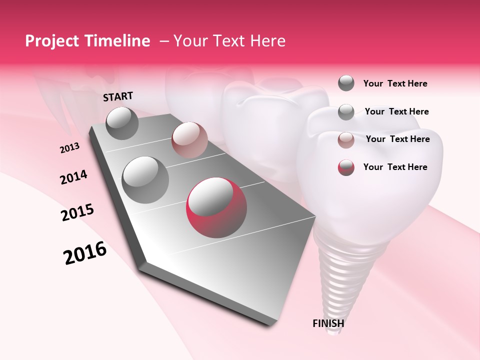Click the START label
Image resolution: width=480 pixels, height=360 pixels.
pos(118,96)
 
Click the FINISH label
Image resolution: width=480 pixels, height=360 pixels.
pos(328,323)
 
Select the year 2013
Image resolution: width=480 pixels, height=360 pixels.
pos(70,148)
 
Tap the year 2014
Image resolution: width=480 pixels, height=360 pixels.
pos(73,177)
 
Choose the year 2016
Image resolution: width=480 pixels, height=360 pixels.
pos(85,253)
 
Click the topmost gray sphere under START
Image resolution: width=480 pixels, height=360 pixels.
pos(122,123)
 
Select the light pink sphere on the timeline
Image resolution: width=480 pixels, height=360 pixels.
pos(189,140)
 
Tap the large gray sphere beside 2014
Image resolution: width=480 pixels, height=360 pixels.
pos(145,179)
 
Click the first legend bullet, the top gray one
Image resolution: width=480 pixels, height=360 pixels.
pos(346,83)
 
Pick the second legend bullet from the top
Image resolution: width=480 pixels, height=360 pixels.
pos(346,112)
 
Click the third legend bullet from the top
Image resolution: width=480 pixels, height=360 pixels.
pos(346,140)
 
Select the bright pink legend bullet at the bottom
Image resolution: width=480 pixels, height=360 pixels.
pos(346,167)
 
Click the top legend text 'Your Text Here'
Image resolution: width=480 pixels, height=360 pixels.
pos(395,83)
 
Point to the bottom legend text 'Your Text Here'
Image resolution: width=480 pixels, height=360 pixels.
pos(395,167)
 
